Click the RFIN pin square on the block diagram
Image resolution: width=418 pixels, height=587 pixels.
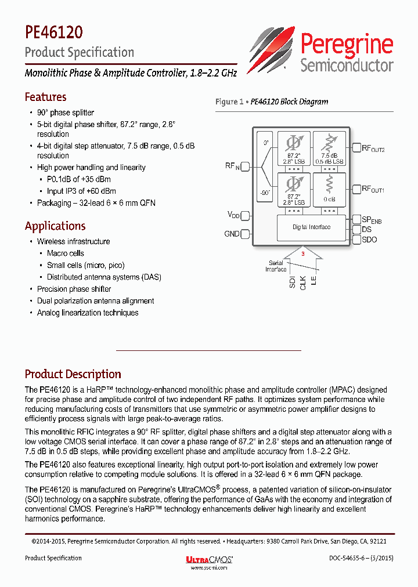pos(245,167)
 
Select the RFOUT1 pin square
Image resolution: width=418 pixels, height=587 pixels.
pos(356,189)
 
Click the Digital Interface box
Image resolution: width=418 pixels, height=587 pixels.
pos(312,227)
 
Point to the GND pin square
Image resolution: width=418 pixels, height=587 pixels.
pos(245,234)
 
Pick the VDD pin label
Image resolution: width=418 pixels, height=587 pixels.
pos(233,215)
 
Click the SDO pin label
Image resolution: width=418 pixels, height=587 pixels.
pos(369,239)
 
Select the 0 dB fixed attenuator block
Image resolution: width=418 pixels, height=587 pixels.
pos(329,190)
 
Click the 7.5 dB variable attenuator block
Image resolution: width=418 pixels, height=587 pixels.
pos(329,149)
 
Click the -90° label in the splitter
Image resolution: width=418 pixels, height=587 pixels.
pos(265,193)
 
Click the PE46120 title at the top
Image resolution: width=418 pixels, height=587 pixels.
pos(53,31)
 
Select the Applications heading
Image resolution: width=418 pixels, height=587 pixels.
pos(55,226)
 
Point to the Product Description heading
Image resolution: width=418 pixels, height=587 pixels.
pos(73,374)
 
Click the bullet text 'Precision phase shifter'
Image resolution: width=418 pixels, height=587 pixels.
pos(74,289)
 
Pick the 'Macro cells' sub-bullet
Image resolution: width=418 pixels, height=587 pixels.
pos(65,253)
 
